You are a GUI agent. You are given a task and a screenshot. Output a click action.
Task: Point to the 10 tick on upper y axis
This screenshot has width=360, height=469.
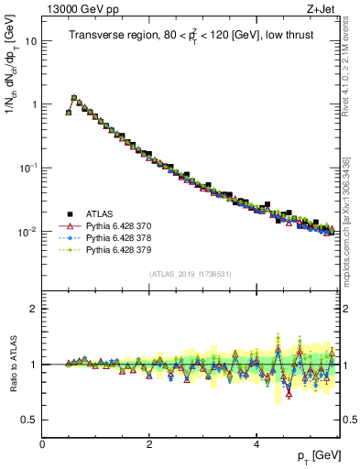click(32, 41)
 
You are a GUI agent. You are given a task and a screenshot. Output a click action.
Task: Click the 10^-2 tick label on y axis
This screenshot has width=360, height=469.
click(28, 232)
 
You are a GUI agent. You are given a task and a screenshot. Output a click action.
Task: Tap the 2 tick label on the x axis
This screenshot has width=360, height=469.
click(148, 443)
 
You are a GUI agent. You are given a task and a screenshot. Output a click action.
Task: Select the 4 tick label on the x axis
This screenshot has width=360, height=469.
click(256, 443)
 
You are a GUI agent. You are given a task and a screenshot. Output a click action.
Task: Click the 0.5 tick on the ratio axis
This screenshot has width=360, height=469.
click(30, 420)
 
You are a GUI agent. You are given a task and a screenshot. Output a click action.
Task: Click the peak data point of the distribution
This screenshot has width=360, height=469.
click(74, 97)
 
